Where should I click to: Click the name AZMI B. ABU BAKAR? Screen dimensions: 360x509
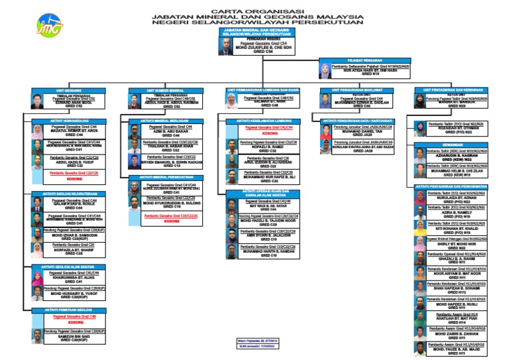coord(171,131)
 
